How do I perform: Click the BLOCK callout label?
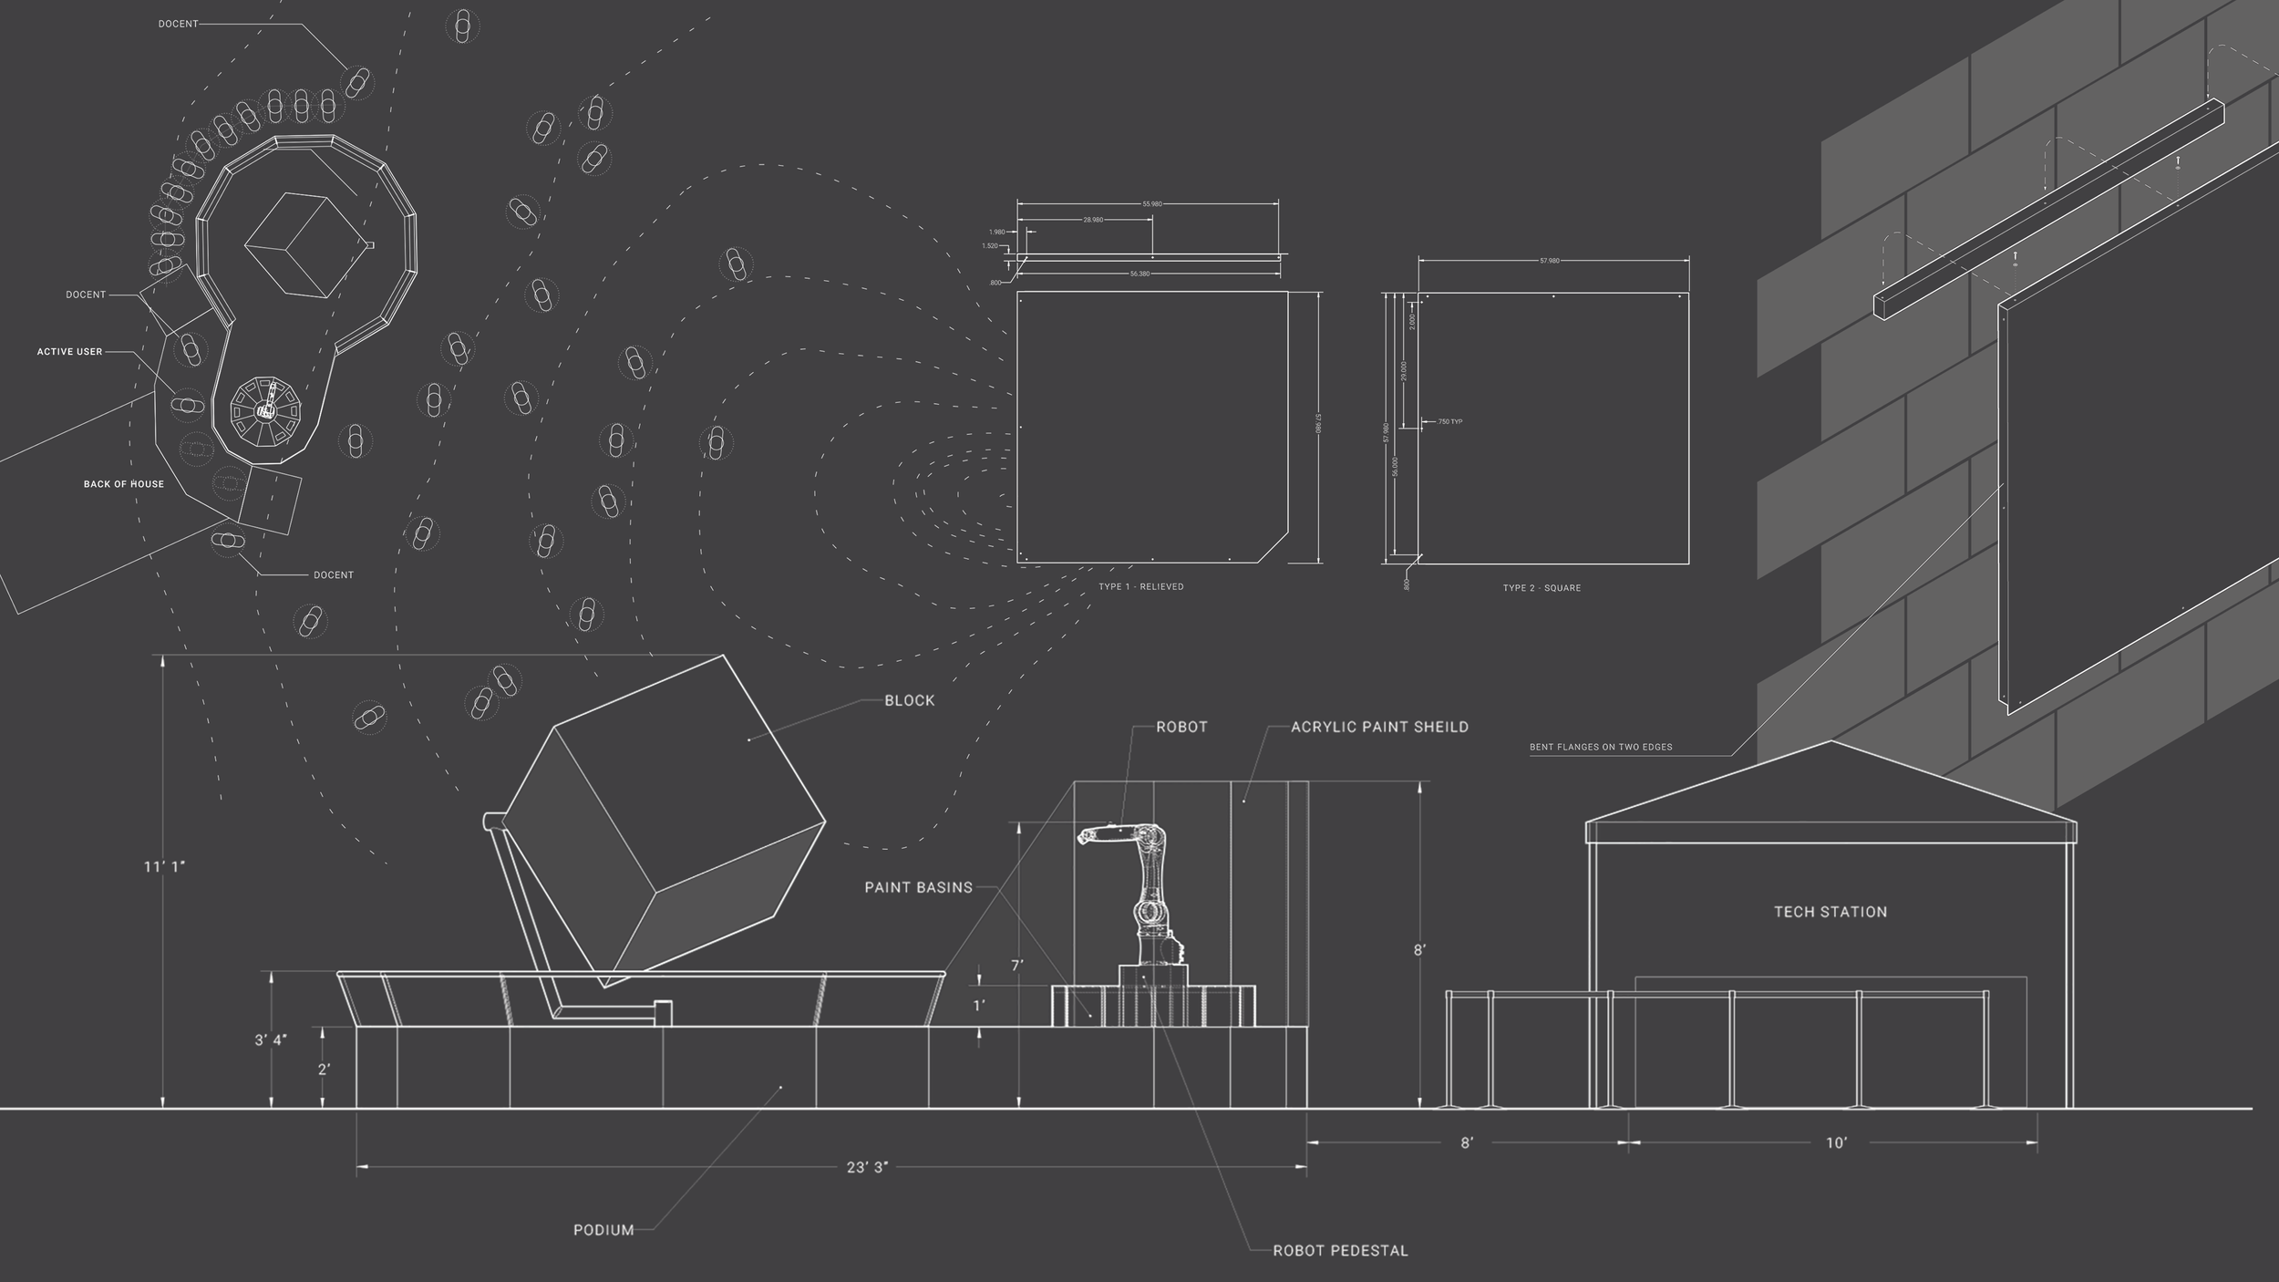click(x=909, y=700)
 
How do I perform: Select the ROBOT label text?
click(x=1181, y=727)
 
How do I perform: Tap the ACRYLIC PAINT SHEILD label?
click(x=1379, y=727)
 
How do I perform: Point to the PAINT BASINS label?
click(x=918, y=886)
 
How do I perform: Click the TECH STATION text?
click(x=1830, y=912)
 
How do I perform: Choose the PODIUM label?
click(x=603, y=1230)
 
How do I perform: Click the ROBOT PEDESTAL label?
click(x=1340, y=1251)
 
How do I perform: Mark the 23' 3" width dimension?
click(x=866, y=1167)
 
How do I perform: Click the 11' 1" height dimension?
click(x=164, y=866)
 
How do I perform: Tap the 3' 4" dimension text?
click(x=271, y=1039)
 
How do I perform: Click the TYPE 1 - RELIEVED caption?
click(x=1140, y=586)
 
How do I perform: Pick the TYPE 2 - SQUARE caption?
click(x=1542, y=588)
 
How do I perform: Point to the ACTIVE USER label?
click(x=69, y=352)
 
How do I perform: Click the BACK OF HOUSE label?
click(x=124, y=484)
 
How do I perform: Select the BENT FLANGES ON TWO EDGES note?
click(x=1601, y=748)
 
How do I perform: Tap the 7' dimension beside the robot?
click(x=1017, y=965)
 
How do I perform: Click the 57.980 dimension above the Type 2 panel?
click(x=1549, y=261)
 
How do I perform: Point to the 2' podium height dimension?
click(x=324, y=1070)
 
